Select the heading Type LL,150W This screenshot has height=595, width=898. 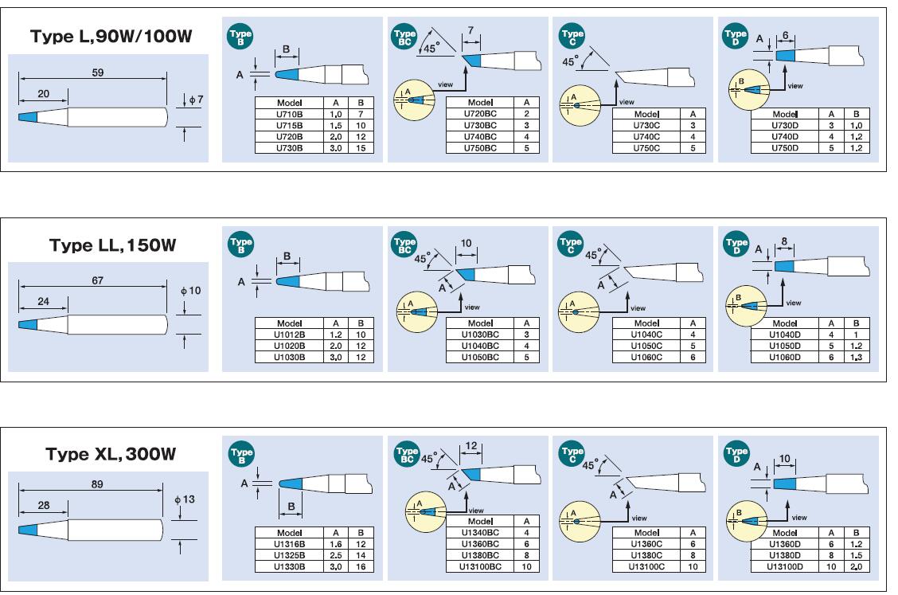111,245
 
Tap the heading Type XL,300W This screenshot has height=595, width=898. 111,454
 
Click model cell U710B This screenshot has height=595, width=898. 288,115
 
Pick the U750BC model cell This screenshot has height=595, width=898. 480,147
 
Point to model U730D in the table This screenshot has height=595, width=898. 786,126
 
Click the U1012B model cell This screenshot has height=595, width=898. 288,335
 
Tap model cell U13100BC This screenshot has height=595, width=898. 480,566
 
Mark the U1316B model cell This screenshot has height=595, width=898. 288,543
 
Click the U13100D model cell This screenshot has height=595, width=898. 786,566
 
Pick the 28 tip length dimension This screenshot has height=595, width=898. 44,506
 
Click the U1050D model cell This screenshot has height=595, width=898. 786,346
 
